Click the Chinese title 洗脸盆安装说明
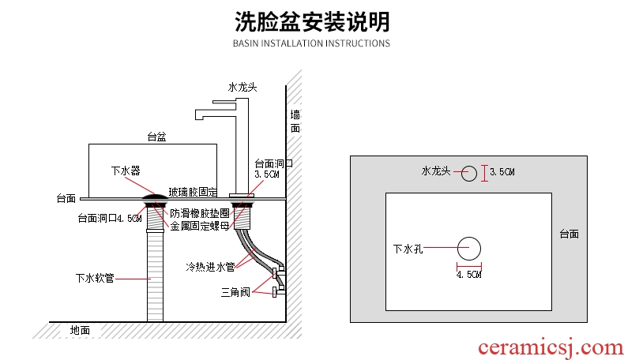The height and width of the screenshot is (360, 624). click(311, 21)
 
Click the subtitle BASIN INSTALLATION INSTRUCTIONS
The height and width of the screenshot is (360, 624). click(311, 43)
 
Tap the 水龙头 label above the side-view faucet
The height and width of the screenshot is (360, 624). click(242, 87)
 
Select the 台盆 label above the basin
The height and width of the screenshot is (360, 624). click(156, 137)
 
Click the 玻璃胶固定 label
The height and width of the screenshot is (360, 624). click(193, 192)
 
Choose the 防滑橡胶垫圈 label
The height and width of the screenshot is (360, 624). click(200, 213)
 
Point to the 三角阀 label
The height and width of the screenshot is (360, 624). click(235, 292)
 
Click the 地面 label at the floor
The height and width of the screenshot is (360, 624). click(80, 330)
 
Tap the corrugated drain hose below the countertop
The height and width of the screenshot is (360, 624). click(155, 276)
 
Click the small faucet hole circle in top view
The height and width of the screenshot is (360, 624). click(468, 173)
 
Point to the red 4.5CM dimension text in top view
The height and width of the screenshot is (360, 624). click(469, 275)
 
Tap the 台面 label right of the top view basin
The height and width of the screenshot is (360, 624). click(569, 234)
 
